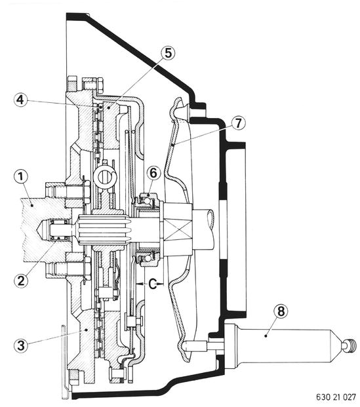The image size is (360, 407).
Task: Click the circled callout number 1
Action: pyautogui.click(x=21, y=178)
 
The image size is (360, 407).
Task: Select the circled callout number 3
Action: pyautogui.click(x=21, y=345)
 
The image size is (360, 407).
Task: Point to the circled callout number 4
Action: pyautogui.click(x=21, y=100)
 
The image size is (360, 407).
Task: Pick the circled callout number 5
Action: pyautogui.click(x=168, y=53)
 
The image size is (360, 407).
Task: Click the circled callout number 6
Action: pyautogui.click(x=153, y=173)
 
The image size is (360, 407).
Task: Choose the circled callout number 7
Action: pyautogui.click(x=238, y=123)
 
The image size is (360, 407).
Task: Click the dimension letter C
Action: pyautogui.click(x=153, y=284)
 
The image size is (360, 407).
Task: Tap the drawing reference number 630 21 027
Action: pyautogui.click(x=336, y=397)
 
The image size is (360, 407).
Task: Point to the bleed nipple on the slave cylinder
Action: pyautogui.click(x=350, y=346)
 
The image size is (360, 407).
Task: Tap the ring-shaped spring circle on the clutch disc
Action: pyautogui.click(x=106, y=176)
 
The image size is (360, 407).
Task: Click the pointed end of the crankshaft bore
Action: pyautogui.click(x=37, y=229)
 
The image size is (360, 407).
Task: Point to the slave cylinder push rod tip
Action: pyautogui.click(x=186, y=346)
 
